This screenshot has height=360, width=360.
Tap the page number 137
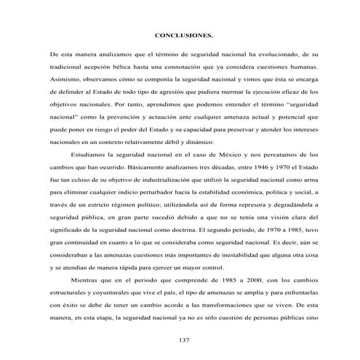pyautogui.click(x=183, y=340)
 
